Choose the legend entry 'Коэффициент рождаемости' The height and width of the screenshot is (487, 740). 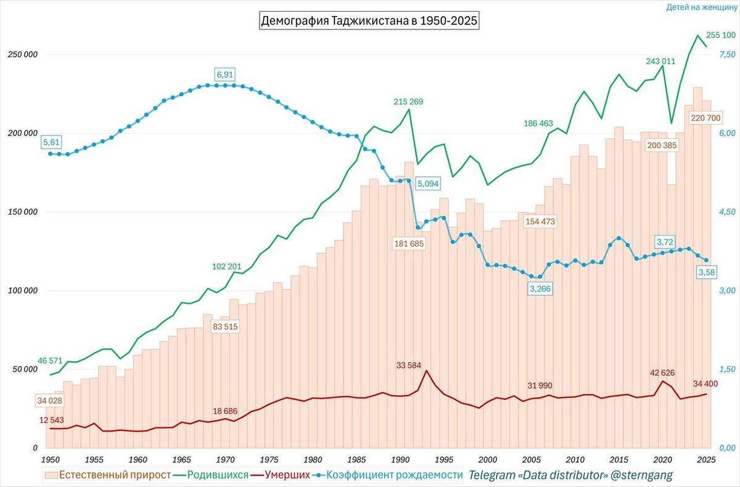tap(394, 475)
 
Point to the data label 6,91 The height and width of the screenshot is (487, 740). tap(226, 75)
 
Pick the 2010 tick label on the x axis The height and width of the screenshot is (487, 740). tap(575, 459)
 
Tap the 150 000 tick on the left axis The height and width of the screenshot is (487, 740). tap(21, 212)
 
